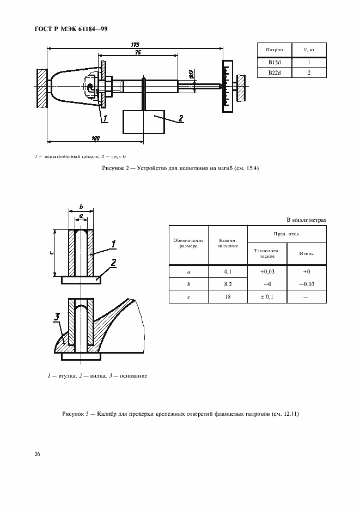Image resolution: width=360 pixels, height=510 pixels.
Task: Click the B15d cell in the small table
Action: (274, 63)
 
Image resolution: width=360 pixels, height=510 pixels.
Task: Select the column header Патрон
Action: (274, 50)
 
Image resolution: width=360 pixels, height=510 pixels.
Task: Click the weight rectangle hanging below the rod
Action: (144, 122)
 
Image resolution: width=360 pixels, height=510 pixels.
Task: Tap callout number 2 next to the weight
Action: (181, 117)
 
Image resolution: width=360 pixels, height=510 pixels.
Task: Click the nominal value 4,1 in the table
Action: (228, 271)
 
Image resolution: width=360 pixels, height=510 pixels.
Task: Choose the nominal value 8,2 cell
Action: (228, 284)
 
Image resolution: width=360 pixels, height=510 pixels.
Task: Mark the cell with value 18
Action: (228, 297)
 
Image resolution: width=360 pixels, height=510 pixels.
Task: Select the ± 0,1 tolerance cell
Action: (266, 297)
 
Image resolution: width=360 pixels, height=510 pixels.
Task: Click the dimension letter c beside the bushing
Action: (51, 252)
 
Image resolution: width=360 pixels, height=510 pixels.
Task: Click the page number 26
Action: (38, 453)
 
